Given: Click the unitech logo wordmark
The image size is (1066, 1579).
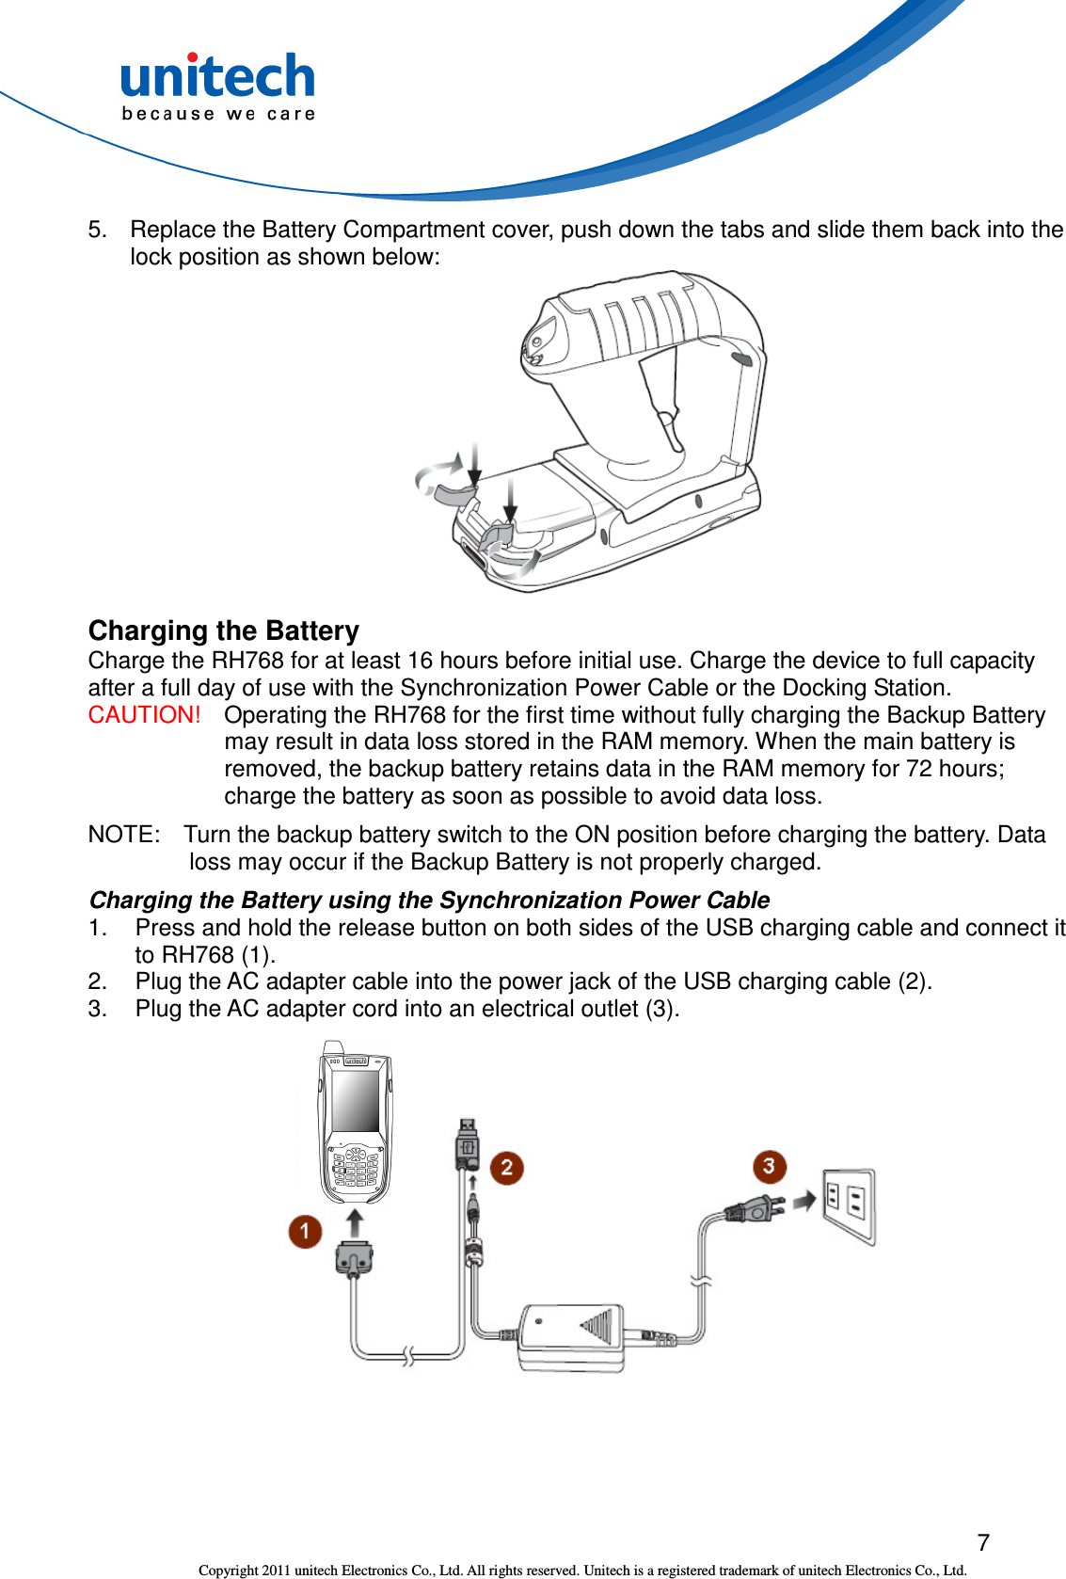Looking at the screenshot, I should (217, 76).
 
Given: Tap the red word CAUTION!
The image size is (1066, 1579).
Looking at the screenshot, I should (144, 715).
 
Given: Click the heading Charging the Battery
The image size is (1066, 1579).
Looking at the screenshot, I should (224, 630).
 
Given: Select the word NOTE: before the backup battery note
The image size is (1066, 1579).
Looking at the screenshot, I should (123, 835).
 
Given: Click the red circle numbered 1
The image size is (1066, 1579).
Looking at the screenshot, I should (305, 1231).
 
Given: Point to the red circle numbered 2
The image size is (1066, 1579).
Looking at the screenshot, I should (506, 1169).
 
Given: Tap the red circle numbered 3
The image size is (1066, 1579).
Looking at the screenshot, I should (769, 1167).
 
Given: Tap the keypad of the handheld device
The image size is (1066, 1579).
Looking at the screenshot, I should (355, 1170).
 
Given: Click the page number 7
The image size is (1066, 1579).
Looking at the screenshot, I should (982, 1542).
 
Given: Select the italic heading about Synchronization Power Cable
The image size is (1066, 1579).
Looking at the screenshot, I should (429, 901).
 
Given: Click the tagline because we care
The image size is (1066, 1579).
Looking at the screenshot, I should (218, 114).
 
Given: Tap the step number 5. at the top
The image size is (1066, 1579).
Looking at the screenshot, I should (97, 230).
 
